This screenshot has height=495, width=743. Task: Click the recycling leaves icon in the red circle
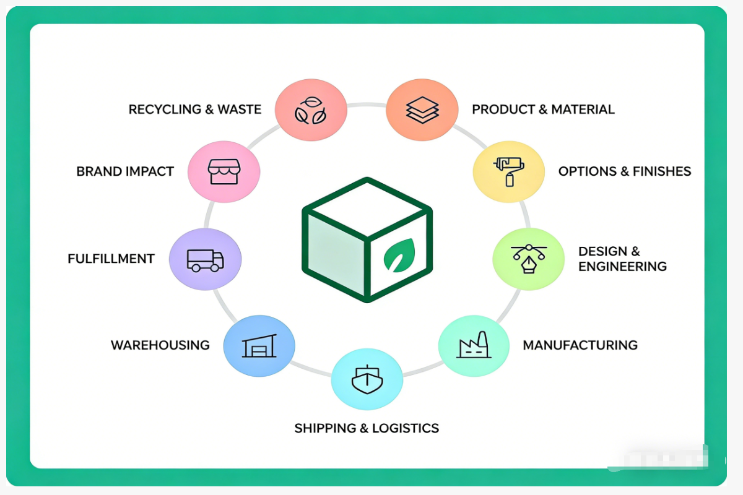coord(311,110)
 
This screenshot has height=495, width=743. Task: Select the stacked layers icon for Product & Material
coord(422,110)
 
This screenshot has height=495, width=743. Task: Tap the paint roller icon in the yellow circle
coord(508,171)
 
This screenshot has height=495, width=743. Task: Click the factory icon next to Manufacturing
coord(474,345)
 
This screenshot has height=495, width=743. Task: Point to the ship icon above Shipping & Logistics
coord(367,379)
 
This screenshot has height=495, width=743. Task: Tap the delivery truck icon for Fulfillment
coord(205,260)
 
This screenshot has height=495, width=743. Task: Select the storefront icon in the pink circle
coord(224,171)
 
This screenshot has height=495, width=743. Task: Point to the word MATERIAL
coord(583,110)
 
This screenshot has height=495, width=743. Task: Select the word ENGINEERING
coord(622,267)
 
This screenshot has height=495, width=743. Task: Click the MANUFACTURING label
coord(580,345)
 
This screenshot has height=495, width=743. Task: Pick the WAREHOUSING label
coord(160,345)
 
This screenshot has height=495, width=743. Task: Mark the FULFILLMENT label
coord(111,259)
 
